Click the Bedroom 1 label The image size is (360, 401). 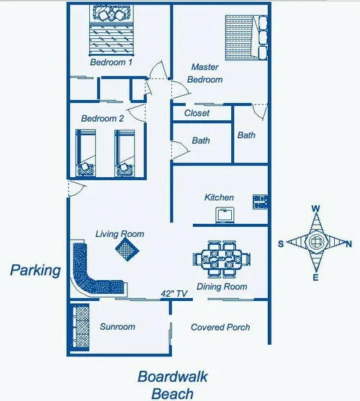[111, 62]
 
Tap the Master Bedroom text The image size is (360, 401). [204, 73]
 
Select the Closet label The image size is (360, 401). [197, 113]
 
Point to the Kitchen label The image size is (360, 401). [219, 197]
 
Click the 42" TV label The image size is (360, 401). [174, 294]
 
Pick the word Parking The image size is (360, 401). [35, 271]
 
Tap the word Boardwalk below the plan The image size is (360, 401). [173, 377]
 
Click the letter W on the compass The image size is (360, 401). [316, 209]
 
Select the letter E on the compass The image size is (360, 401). [316, 277]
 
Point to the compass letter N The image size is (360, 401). [348, 245]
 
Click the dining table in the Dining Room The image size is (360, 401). [222, 259]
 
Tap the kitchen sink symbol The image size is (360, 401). [225, 215]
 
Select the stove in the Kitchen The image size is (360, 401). [260, 202]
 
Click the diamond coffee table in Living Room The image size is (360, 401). [127, 250]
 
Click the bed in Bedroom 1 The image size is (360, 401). [112, 30]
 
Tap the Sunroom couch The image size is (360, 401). [80, 328]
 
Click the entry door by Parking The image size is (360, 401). [76, 189]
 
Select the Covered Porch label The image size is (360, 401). [220, 327]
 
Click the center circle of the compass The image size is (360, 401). [316, 241]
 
